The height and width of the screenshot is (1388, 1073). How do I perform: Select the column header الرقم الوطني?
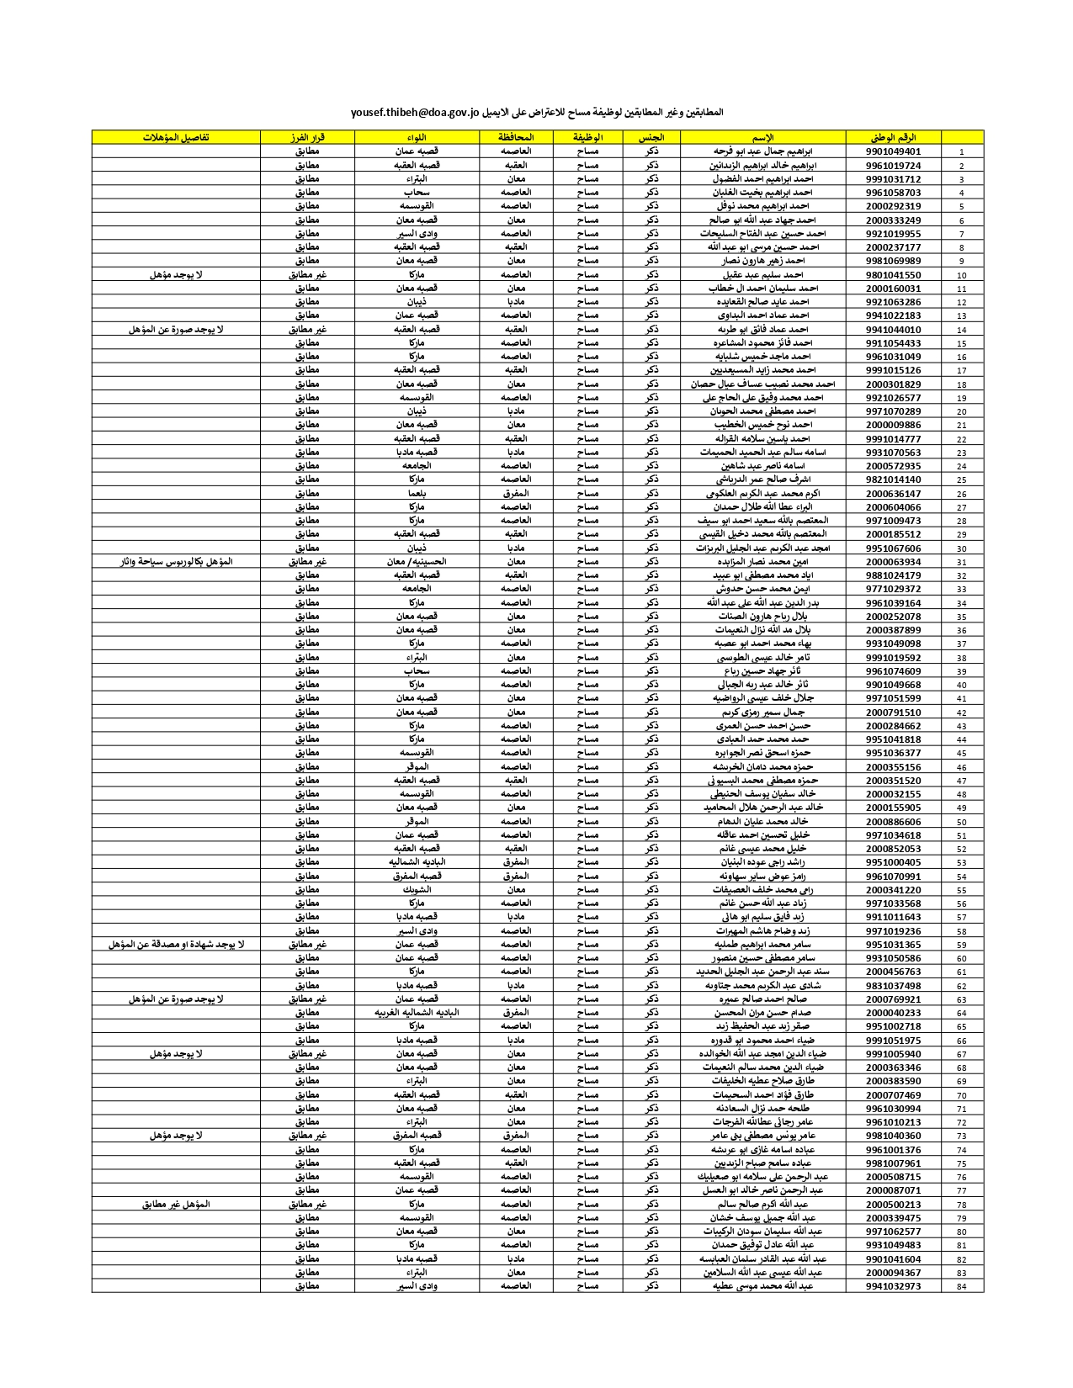[x=893, y=137]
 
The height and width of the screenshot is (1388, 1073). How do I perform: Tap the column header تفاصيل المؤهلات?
[x=176, y=137]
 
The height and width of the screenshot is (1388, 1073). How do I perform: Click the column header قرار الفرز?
[x=307, y=137]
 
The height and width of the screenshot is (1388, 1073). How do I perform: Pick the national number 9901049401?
[x=893, y=151]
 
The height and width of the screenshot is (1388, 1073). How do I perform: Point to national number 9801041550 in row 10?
[x=893, y=275]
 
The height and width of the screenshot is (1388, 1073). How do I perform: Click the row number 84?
[x=961, y=1286]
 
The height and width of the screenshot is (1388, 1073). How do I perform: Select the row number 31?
[x=961, y=562]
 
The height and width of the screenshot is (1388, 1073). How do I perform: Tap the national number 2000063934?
[x=893, y=562]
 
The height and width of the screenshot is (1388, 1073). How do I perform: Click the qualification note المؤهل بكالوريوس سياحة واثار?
[x=176, y=562]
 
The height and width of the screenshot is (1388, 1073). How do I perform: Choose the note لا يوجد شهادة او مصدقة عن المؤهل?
[x=176, y=945]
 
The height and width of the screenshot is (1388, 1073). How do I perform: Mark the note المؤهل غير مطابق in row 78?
[x=176, y=1205]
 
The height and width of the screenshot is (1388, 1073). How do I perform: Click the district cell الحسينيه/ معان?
[x=417, y=562]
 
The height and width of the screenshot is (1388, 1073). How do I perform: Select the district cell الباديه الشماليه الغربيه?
[x=417, y=1013]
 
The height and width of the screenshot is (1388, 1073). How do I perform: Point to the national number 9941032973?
[x=893, y=1286]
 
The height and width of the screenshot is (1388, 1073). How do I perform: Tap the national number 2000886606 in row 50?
[x=893, y=822]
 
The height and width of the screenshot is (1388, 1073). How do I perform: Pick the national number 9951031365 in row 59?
[x=893, y=945]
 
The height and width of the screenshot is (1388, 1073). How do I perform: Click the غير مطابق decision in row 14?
[x=307, y=330]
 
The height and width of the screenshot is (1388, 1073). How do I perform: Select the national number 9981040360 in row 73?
[x=893, y=1136]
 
